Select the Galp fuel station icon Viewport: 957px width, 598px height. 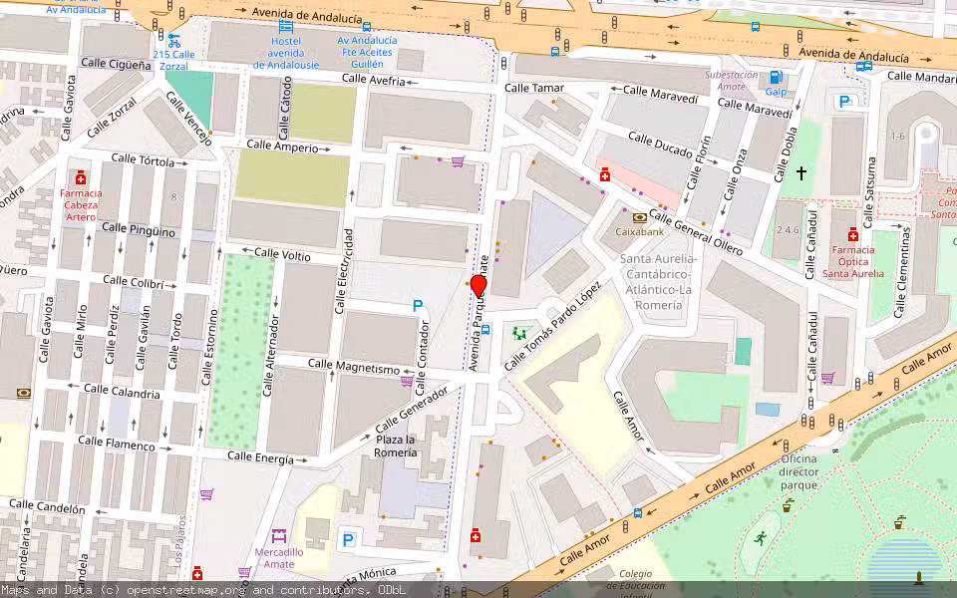click(x=776, y=77)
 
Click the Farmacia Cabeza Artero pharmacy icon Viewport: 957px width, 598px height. click(x=81, y=177)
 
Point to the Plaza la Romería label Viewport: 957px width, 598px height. click(x=395, y=446)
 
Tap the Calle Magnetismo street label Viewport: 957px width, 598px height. click(x=353, y=367)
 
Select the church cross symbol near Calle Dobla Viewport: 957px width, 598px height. click(x=800, y=173)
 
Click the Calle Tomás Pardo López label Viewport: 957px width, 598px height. click(x=553, y=325)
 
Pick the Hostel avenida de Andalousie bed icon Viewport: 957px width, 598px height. click(x=286, y=25)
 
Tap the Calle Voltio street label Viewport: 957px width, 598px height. click(x=282, y=255)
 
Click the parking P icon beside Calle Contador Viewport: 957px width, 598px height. click(x=418, y=307)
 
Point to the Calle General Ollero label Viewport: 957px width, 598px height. click(x=696, y=231)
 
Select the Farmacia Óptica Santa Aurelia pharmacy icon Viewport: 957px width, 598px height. click(x=852, y=235)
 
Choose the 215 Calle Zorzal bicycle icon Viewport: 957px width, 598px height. click(x=173, y=41)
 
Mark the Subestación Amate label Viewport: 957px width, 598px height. click(x=731, y=81)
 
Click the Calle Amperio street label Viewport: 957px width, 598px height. click(x=282, y=147)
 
